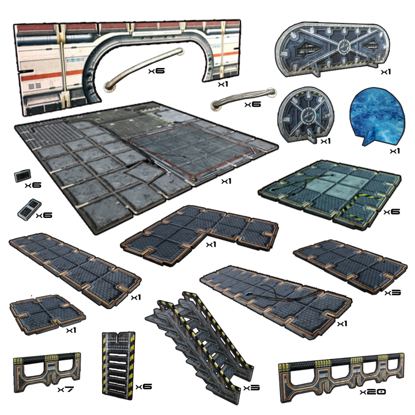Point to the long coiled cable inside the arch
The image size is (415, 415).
[x=144, y=67]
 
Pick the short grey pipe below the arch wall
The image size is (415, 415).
[x=231, y=103]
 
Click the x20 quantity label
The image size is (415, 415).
[x=372, y=393]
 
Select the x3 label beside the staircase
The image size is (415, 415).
[x=251, y=388]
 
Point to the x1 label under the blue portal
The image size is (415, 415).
[x=394, y=151]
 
